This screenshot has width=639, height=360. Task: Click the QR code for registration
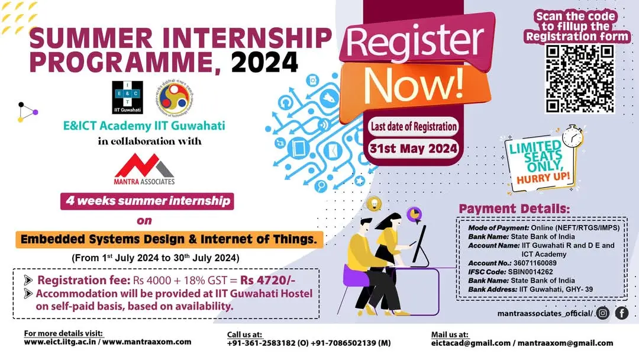coord(579,78)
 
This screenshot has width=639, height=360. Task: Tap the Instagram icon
coord(603,313)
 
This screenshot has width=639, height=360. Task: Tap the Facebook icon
coord(622,313)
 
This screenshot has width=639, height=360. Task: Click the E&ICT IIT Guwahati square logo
coord(127,98)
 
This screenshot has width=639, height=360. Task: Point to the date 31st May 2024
coord(413,148)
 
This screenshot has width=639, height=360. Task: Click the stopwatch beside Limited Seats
coord(572,137)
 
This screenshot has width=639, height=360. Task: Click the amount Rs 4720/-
coord(268,281)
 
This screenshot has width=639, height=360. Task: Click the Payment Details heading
coord(514,209)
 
